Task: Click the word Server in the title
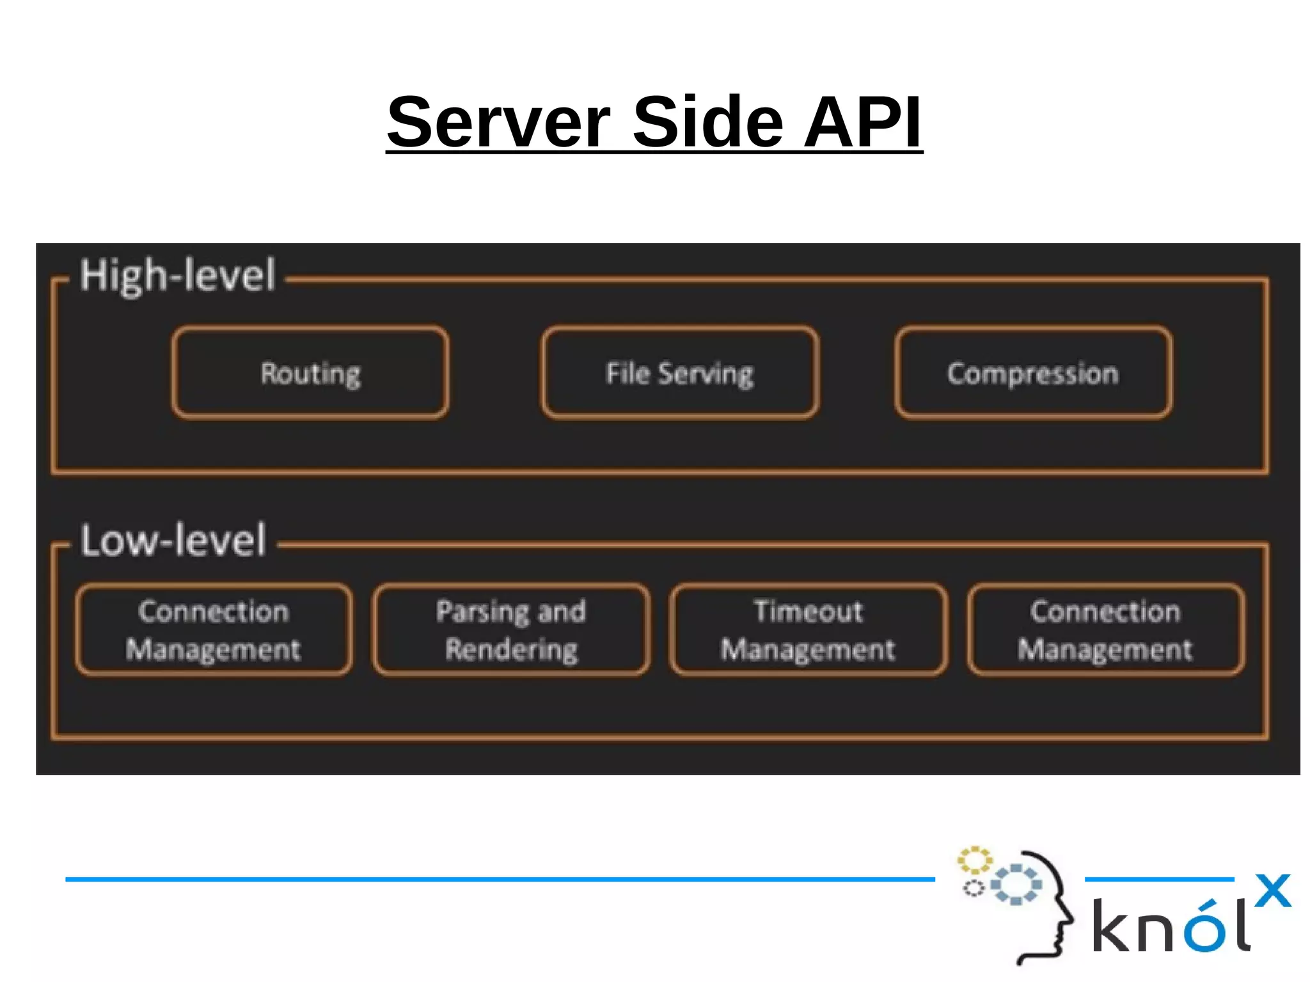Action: click(x=499, y=122)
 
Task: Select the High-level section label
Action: click(x=177, y=276)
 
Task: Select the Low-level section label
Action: click(x=173, y=541)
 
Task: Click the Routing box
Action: click(x=310, y=373)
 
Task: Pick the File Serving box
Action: click(x=679, y=373)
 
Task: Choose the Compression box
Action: click(x=1033, y=373)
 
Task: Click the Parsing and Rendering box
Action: click(x=511, y=630)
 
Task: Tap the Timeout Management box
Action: click(x=808, y=630)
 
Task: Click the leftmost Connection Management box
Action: click(x=213, y=630)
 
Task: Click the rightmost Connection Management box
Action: click(x=1105, y=630)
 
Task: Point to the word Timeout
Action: click(x=808, y=611)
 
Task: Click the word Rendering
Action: click(x=511, y=649)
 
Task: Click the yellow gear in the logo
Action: click(x=974, y=860)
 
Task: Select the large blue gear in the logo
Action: click(x=1016, y=884)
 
